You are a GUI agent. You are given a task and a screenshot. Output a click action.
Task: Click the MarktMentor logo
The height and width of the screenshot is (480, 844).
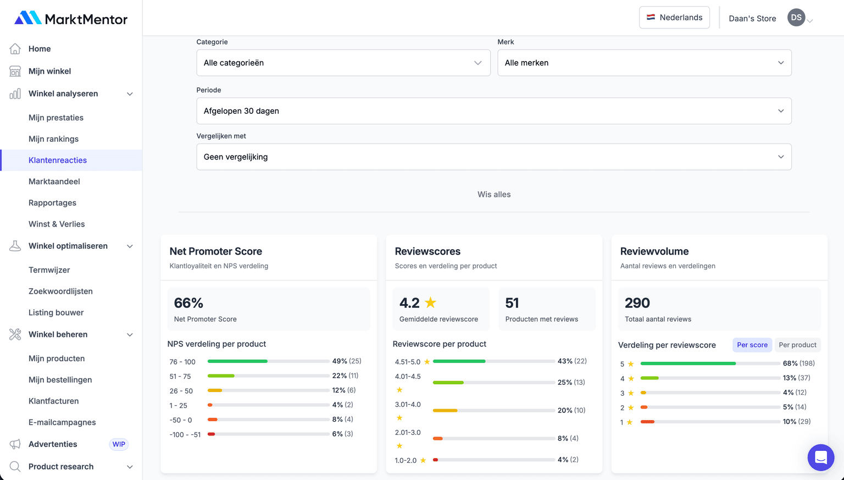click(71, 19)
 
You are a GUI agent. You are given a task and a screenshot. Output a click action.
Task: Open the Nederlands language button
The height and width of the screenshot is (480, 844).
click(674, 18)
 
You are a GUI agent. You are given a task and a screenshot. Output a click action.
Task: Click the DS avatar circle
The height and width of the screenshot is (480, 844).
click(796, 18)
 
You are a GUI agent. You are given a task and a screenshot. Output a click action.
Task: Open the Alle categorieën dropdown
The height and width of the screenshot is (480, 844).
click(343, 63)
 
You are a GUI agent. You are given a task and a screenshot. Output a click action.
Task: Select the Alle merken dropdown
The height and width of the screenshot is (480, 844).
click(644, 63)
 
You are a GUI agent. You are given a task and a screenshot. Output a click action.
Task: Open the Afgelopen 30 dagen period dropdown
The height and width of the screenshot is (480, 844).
click(493, 111)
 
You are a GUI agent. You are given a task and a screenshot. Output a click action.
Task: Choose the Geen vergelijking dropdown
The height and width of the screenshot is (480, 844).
click(493, 157)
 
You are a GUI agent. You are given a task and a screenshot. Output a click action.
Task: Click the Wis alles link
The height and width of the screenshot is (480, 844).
click(494, 195)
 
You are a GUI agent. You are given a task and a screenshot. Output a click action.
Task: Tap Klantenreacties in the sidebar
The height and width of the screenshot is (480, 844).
click(58, 160)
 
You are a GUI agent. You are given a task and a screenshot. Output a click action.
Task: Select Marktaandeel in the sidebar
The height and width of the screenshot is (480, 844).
click(54, 181)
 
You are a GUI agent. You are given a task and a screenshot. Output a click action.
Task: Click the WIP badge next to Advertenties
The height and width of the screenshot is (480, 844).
click(119, 444)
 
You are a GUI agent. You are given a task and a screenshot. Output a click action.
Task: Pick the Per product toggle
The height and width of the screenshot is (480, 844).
click(797, 345)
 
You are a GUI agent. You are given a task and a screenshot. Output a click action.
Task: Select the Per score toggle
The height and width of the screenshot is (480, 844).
click(752, 345)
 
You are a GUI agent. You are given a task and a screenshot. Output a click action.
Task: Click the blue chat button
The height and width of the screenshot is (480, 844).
click(820, 457)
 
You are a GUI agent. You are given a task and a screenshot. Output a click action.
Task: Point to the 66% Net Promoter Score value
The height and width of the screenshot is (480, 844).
click(188, 303)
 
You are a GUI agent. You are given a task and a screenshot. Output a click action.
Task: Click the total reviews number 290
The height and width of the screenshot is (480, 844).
click(637, 303)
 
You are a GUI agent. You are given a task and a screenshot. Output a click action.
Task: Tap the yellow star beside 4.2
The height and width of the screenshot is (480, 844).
click(430, 302)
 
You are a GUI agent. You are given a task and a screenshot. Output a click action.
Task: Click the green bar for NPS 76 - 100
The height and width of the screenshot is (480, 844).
click(237, 361)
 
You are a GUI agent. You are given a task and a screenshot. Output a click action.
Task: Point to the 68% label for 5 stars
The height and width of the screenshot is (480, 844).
click(790, 363)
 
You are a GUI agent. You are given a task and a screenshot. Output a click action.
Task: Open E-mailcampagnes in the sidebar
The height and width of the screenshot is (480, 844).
click(62, 422)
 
